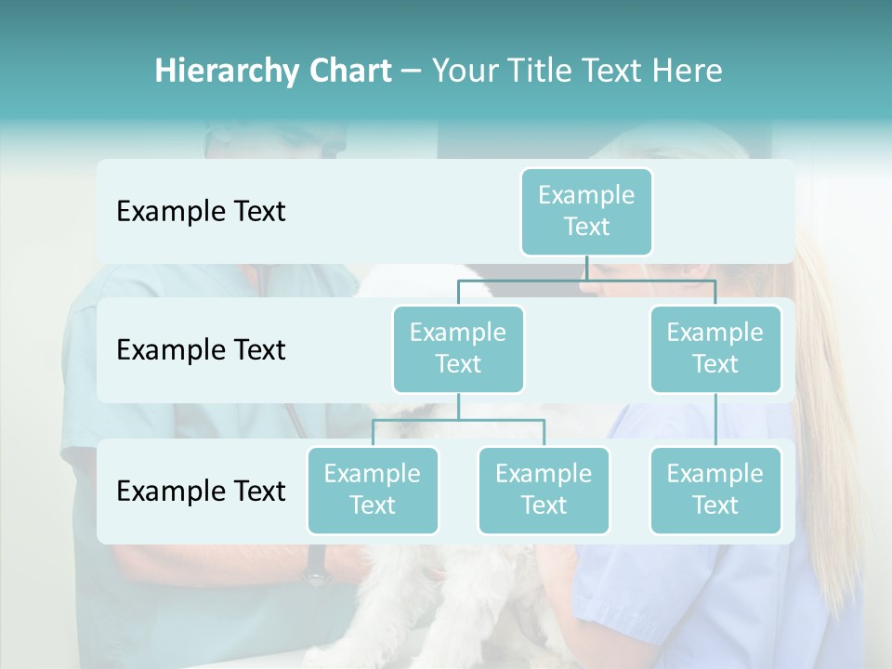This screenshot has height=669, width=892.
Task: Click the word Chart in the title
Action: point(349,72)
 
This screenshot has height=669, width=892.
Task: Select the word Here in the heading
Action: point(688,72)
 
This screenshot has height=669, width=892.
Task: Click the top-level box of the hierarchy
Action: point(586,212)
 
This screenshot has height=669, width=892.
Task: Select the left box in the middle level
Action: point(458,349)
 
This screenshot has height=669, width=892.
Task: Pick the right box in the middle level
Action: point(715,349)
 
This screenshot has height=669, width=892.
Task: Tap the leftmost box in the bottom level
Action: point(373,491)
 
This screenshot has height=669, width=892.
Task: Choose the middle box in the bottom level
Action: point(544,491)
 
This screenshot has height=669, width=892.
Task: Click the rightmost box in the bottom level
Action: point(715,491)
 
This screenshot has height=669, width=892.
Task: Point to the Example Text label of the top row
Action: point(201,212)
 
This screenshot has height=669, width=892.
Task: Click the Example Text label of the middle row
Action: point(201,350)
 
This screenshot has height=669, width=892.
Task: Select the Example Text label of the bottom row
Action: point(201,491)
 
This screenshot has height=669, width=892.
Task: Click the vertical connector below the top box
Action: point(586,268)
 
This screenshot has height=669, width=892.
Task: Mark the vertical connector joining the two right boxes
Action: point(715,420)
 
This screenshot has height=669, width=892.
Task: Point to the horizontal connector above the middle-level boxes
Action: point(586,280)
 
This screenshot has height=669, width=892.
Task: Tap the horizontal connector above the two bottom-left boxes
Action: point(458,420)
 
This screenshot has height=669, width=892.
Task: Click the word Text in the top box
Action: point(586,227)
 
